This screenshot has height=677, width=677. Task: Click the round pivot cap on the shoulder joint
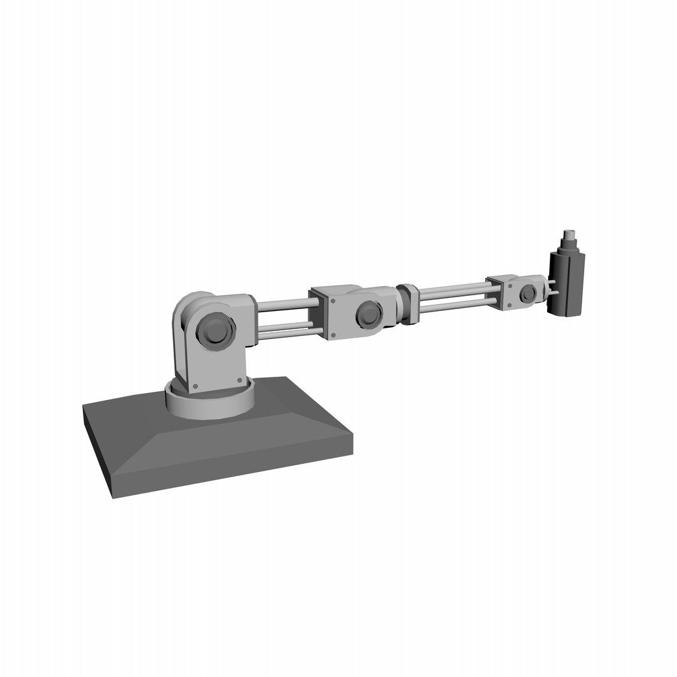pos(216,330)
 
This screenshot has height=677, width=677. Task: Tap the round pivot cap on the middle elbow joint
pos(369,313)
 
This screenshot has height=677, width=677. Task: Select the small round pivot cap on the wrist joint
pos(528,293)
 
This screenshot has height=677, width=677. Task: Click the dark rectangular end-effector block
pos(567,283)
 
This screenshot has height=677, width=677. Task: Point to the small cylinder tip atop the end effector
pos(569,236)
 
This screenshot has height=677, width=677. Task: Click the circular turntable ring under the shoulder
pos(209,404)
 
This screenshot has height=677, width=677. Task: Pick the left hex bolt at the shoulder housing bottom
pos(195,386)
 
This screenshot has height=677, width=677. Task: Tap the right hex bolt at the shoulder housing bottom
pos(239,380)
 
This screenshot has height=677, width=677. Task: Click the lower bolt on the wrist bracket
pos(509,305)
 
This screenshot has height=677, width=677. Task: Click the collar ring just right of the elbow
pos(409,305)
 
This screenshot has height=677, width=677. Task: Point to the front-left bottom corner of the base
pos(113,498)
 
